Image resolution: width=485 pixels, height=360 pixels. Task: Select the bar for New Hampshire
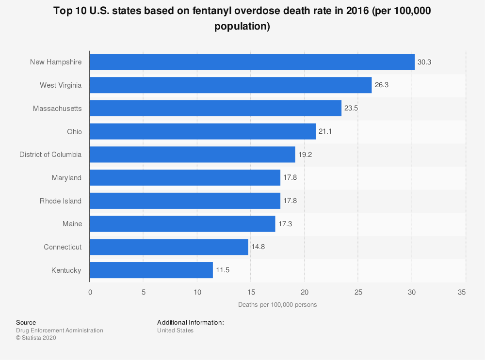pos(252,62)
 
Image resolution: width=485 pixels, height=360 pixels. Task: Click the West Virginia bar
pos(230,85)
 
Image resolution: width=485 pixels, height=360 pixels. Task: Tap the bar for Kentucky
pos(151,270)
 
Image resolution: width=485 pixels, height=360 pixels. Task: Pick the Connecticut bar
pos(169,247)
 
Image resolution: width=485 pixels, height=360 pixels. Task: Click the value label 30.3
pos(424,62)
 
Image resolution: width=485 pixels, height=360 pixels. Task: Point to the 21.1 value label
pos(325,132)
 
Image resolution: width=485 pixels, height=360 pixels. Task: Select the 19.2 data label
pos(305,155)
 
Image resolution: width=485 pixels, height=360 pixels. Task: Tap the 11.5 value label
pos(223,270)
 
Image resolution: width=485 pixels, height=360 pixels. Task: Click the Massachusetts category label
pos(57,109)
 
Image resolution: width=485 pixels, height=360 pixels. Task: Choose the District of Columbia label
pos(50,155)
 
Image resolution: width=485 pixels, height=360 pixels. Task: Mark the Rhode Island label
pos(61,201)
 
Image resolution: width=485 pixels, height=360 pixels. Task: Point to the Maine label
pos(72,224)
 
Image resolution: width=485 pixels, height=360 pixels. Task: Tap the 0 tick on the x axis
pos(90,292)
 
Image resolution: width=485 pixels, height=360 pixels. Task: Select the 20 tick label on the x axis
pos(305,292)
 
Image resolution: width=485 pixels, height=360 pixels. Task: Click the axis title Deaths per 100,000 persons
pos(277,305)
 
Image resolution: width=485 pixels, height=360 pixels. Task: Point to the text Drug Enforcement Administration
pos(60,330)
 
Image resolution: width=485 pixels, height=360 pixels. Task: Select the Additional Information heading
pos(190,322)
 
